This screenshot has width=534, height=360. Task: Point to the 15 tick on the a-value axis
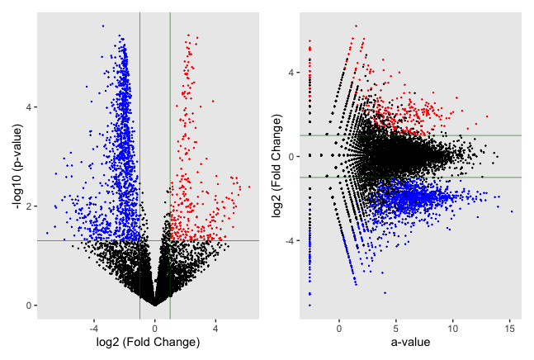click(509, 329)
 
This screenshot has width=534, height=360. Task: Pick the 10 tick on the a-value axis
click(453, 329)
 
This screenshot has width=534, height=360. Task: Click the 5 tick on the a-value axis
click(396, 329)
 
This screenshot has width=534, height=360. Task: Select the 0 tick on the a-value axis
click(339, 329)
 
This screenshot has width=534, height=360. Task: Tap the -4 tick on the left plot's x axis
click(93, 329)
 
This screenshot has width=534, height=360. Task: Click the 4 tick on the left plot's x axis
click(215, 329)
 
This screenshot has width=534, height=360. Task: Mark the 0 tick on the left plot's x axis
click(154, 329)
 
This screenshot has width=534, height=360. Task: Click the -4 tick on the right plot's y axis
click(292, 241)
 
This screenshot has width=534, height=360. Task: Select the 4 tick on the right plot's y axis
click(292, 73)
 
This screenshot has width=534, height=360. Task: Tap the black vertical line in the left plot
click(139, 50)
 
